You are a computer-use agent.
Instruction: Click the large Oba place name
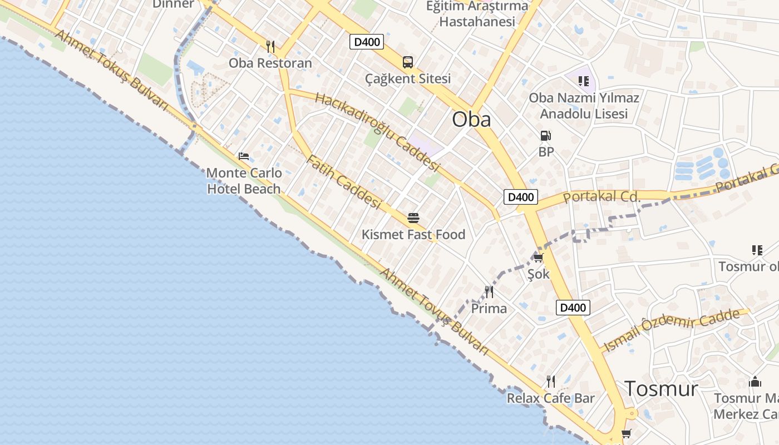[x=471, y=119]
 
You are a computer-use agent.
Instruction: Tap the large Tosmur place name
[x=661, y=388]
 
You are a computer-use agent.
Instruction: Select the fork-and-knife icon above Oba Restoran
[x=270, y=47]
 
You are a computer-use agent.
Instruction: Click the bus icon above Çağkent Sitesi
[x=408, y=62]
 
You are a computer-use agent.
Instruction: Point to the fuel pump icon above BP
[x=546, y=136]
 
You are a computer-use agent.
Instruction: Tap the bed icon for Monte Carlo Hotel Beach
[x=244, y=156]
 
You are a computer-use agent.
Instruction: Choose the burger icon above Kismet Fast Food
[x=413, y=217]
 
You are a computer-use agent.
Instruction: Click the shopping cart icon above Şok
[x=538, y=258]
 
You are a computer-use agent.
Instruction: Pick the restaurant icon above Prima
[x=489, y=291]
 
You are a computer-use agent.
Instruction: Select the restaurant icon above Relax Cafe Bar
[x=551, y=382]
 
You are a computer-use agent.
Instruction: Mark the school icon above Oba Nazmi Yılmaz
[x=584, y=82]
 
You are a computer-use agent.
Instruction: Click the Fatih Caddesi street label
[x=343, y=182]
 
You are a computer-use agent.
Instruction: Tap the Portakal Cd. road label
[x=602, y=196]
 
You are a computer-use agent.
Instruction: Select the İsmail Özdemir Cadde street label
[x=673, y=330]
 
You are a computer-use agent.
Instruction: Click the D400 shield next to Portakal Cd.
[x=521, y=196]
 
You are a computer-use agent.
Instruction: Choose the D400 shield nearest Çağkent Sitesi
[x=367, y=42]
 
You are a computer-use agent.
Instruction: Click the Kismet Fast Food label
[x=413, y=235]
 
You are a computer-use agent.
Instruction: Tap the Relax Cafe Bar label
[x=550, y=398]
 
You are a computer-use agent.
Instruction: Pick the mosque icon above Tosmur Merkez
[x=755, y=382]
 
